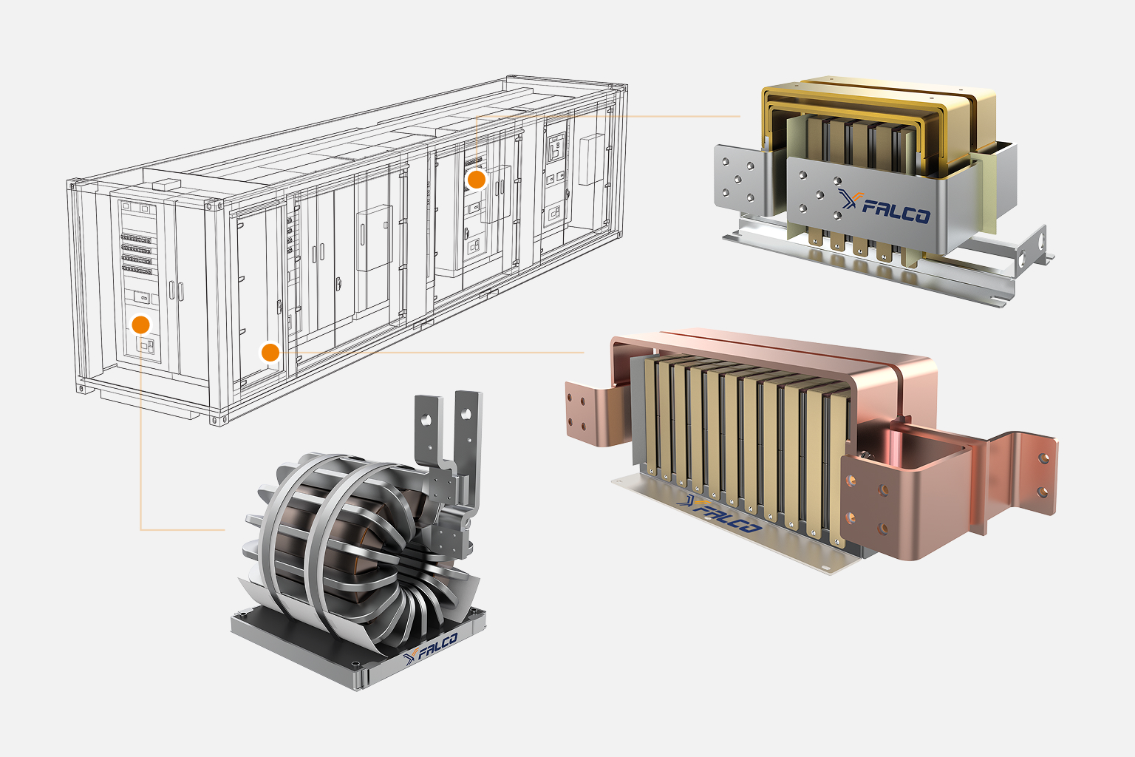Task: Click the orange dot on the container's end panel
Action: point(141,325)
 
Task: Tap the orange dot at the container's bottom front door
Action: point(270,352)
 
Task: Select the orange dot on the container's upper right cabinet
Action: point(477,180)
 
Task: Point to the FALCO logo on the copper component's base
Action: point(720,514)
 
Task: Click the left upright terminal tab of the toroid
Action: point(427,431)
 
